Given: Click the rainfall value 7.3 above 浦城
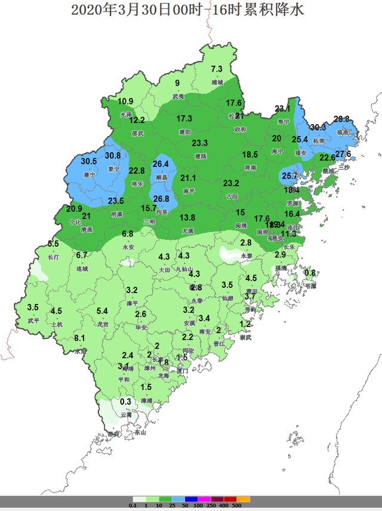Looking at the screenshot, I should [x=217, y=69].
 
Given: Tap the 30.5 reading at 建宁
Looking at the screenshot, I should [x=89, y=161].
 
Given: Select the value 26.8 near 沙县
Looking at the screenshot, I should [x=161, y=199].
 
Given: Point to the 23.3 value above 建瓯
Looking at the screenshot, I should [x=199, y=143].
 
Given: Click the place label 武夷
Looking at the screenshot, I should [x=178, y=96].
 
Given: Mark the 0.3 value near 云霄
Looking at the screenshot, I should [x=125, y=402].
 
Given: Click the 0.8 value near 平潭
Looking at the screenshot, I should [x=310, y=273].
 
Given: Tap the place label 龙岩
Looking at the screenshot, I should [x=102, y=324].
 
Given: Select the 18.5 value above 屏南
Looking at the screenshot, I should [x=250, y=155].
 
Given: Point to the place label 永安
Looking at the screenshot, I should [x=128, y=247].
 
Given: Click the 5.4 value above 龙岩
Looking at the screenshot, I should [x=102, y=311].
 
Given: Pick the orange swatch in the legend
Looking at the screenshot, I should [x=244, y=499].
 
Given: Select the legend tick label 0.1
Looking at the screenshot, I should [x=133, y=506].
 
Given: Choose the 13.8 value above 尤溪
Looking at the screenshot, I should [x=187, y=218].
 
